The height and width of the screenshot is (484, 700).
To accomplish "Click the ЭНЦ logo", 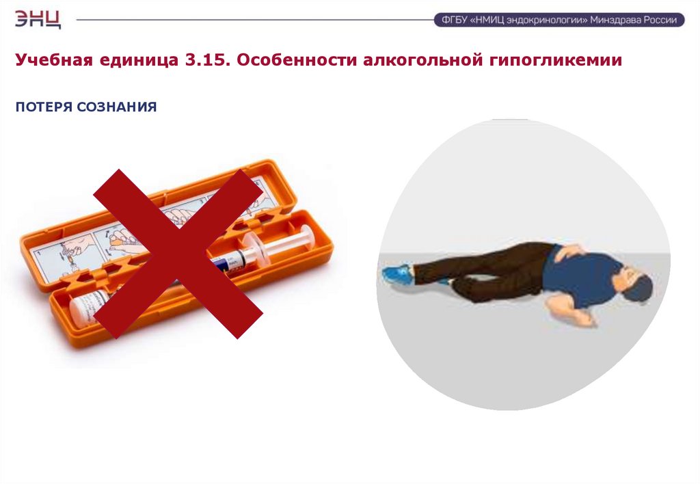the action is coord(38,20).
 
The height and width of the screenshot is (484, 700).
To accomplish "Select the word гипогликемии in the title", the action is coord(555,60).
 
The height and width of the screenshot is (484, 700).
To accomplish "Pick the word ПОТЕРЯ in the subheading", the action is coord(44,107).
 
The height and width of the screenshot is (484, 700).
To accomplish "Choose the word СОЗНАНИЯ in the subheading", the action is coord(116,107).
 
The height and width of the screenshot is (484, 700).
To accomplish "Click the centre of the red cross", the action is coord(178,254).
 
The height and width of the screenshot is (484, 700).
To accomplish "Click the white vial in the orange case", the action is coord(90,307).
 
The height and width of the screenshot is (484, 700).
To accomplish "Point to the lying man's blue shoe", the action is coord(397,273).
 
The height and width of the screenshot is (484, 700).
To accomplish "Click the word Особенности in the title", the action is coord(297,59).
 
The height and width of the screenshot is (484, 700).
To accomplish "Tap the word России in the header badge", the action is coord(661,20).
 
